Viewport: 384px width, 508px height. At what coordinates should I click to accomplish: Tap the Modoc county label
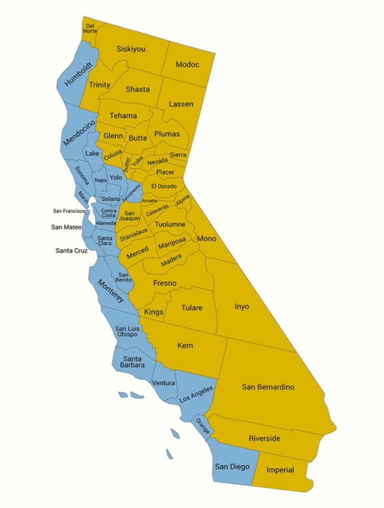[187, 64]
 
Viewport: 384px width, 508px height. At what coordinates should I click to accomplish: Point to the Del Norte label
[90, 28]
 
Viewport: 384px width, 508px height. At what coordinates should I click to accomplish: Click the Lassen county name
[180, 104]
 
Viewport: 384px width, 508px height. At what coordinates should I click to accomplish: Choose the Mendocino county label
[79, 132]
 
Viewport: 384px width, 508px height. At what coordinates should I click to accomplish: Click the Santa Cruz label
[71, 250]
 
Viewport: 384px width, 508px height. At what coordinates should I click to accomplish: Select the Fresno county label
[164, 283]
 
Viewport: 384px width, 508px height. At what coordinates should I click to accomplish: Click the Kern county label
[185, 345]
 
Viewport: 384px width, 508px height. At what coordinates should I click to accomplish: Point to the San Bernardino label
[268, 386]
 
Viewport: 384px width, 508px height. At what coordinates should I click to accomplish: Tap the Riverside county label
[264, 438]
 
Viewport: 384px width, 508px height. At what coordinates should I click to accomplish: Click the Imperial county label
[280, 470]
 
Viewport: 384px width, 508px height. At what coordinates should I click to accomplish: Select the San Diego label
[232, 466]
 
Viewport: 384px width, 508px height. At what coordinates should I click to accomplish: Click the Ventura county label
[163, 383]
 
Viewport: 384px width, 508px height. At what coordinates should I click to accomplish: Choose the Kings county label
[153, 312]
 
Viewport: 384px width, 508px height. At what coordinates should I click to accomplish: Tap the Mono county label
[206, 238]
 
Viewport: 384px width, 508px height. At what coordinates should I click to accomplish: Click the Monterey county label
[110, 290]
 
